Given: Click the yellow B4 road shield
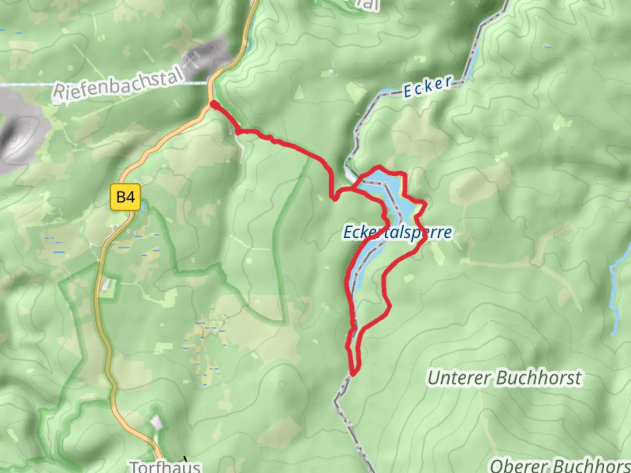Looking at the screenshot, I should (125, 197).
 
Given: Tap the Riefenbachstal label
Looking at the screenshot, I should (117, 84).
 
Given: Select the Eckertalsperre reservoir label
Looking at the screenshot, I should (397, 233).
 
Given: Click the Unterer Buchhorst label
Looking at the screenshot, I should (505, 378).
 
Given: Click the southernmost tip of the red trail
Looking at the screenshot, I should (353, 374).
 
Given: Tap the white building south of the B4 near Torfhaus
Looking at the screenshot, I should (156, 423).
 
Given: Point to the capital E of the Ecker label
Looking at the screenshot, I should (408, 92).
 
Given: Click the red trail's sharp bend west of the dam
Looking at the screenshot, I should (334, 198).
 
